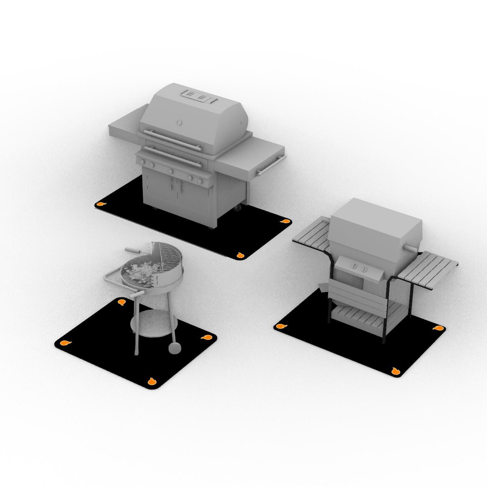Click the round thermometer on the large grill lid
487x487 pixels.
coord(179,122)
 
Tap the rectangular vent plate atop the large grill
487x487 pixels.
coord(198,96)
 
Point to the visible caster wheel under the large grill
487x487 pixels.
coord(238,208)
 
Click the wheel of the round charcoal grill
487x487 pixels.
coord(175,347)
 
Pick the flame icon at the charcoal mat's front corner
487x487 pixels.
coord(152,381)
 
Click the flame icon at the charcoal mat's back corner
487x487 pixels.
coord(122,302)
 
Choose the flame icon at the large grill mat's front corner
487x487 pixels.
coord(240,255)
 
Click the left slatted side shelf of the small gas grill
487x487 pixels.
coord(311,233)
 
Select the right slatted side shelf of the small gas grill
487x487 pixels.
coord(429,270)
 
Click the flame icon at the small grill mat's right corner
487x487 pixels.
coord(438,328)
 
